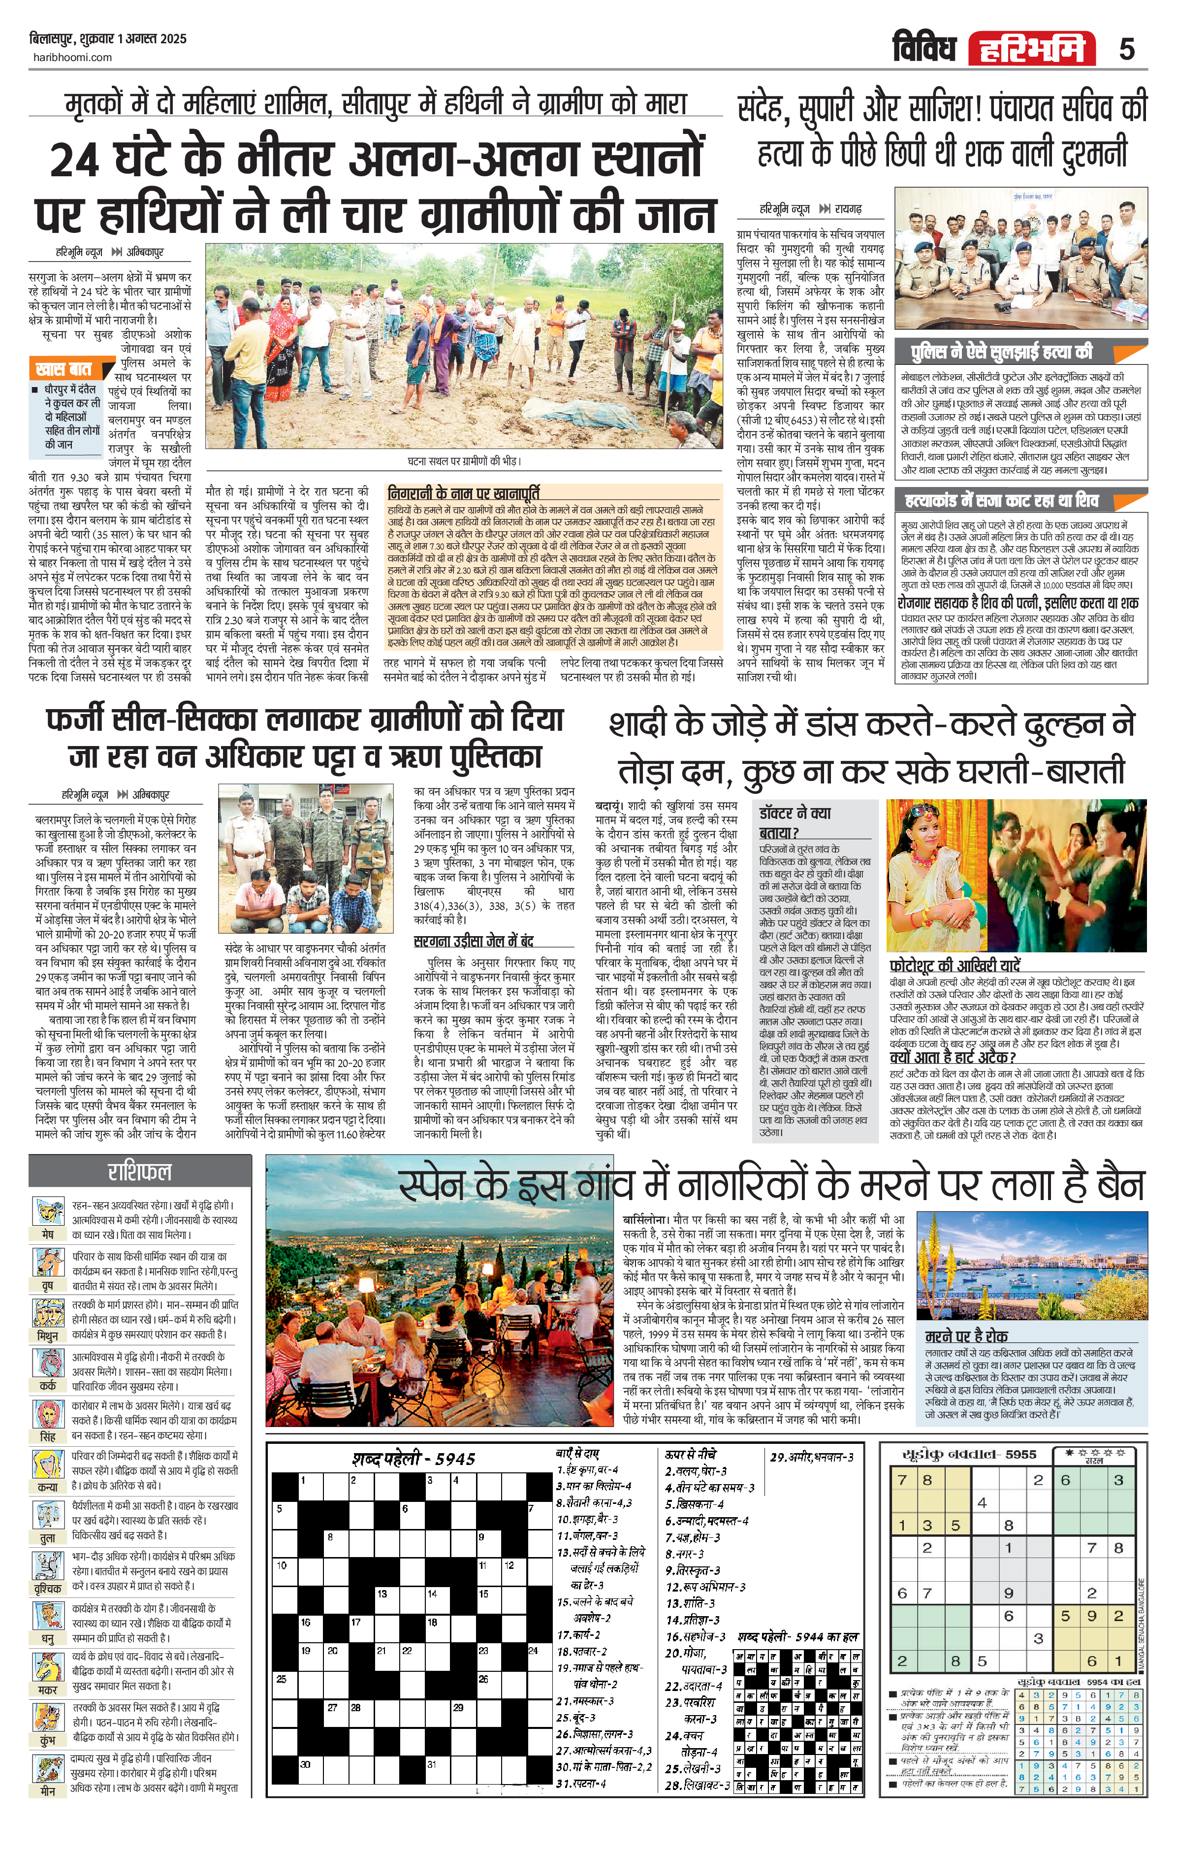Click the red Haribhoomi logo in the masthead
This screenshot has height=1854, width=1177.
pos(1031,49)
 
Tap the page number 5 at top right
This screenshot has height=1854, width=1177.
pos(1126,49)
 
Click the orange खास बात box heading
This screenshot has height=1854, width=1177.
pos(64,369)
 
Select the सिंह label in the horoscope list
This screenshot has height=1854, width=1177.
pos(48,1437)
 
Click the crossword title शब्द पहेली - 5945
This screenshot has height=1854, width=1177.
pos(414,1459)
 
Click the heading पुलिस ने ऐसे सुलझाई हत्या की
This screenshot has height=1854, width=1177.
pos(1001,353)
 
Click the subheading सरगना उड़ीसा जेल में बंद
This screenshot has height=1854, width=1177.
pos(474,941)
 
